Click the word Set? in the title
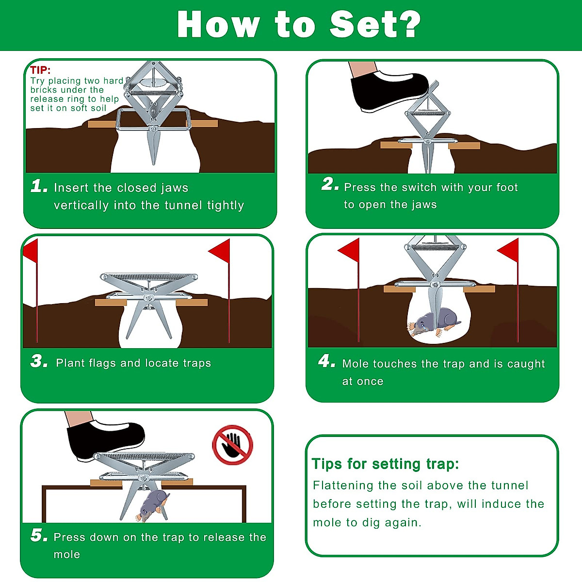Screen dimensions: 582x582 [x=375, y=24]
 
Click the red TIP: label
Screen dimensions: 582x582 [x=40, y=70]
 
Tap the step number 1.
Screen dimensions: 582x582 [x=39, y=186]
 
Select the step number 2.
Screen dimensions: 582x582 [x=330, y=184]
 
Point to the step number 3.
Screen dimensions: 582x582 [x=39, y=361]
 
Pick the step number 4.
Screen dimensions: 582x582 [x=326, y=361]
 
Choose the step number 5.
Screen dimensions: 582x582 [x=39, y=535]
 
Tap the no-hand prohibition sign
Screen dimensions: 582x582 [x=233, y=445]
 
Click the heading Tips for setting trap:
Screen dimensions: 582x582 [x=385, y=464]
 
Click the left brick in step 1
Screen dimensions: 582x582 [x=102, y=124]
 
